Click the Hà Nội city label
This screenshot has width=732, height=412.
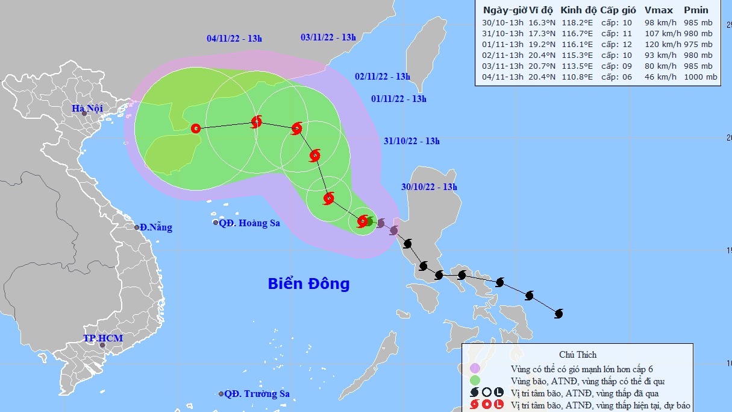click(x=87, y=109)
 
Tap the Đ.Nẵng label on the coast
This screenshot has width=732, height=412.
click(x=155, y=227)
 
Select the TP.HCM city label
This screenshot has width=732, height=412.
click(x=103, y=338)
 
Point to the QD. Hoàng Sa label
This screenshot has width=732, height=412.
click(x=249, y=223)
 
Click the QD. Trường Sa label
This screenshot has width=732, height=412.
click(x=257, y=394)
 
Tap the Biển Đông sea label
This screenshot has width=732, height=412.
click(x=308, y=284)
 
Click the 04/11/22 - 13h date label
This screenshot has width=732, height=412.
click(x=234, y=39)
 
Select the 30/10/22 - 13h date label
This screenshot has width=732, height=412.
click(x=430, y=187)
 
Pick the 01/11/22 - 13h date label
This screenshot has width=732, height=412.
click(x=399, y=99)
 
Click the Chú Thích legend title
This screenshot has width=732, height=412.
click(x=577, y=354)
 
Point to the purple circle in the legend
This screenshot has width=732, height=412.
click(x=475, y=368)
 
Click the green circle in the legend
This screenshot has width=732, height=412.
click(x=475, y=381)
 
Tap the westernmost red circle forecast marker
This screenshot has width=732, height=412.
click(x=195, y=128)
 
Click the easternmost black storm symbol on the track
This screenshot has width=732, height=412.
click(x=558, y=314)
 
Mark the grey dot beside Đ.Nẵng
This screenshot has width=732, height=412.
click(x=137, y=227)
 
